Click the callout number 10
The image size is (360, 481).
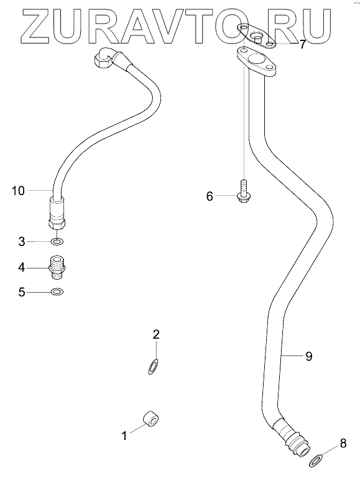18,191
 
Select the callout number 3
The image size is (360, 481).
22,242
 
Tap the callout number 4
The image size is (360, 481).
22,267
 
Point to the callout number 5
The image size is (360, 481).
22,292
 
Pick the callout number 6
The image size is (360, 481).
210,196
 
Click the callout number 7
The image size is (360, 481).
303,45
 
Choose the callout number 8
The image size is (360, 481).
343,443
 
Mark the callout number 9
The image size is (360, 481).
309,356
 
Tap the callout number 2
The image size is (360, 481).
156,334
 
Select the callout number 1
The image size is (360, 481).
124,436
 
